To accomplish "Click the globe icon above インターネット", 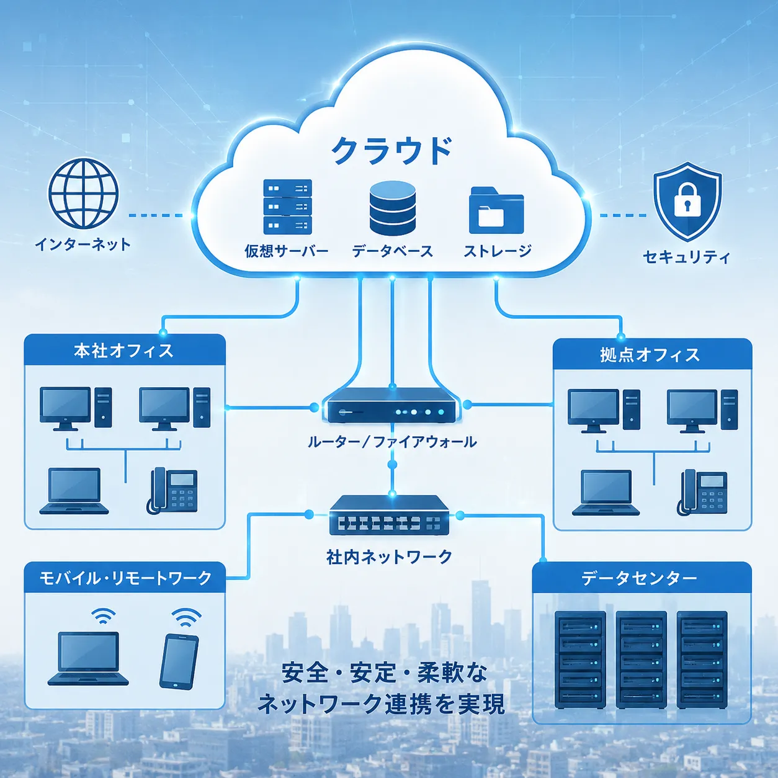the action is (x=84, y=194).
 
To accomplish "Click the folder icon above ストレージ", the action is (x=496, y=210).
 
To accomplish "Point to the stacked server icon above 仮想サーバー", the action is (x=287, y=207).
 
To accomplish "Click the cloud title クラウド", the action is (x=391, y=150).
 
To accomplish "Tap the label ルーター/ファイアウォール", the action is (x=392, y=442).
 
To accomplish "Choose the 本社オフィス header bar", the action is (x=125, y=350).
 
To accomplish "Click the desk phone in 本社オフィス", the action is (x=172, y=491).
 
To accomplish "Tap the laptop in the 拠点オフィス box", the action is (x=606, y=493).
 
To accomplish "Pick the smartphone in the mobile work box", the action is (x=179, y=662).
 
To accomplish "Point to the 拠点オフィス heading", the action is (x=650, y=355).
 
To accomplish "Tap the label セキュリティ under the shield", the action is (x=686, y=257).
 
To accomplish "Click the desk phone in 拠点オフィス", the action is (x=702, y=493).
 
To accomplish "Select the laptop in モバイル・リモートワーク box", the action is (x=88, y=658).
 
